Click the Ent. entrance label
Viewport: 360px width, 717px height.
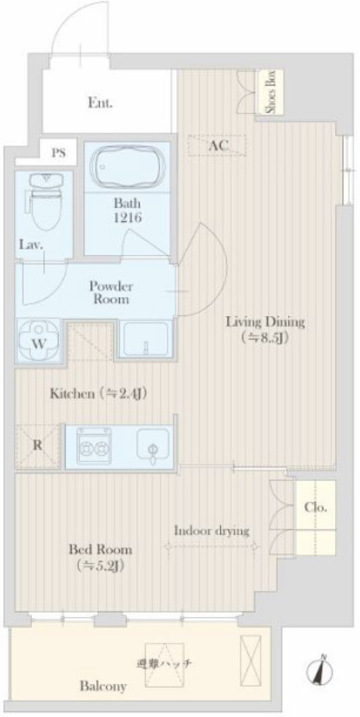coord(100,103)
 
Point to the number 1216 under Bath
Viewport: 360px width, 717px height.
coord(127,218)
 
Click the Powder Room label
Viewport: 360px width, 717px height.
coord(111,293)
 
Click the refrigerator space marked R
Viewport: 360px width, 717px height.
coord(38,446)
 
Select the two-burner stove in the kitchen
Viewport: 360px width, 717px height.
coord(95,445)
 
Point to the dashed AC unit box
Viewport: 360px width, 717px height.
coord(217,146)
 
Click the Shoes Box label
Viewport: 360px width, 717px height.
coord(271,92)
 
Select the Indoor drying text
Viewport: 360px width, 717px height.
coord(212,531)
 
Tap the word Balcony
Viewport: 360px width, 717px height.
coord(103,686)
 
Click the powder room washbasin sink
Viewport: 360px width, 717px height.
coord(146,339)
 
